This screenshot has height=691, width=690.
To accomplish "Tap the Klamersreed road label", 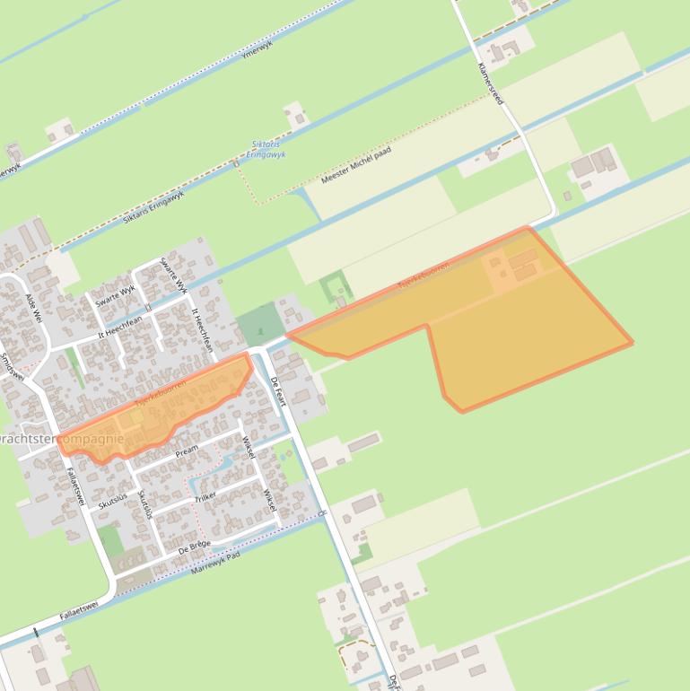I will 492,83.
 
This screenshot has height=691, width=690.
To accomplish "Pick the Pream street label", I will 187,450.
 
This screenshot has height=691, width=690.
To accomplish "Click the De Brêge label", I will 194,547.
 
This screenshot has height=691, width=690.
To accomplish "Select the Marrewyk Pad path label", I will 216,564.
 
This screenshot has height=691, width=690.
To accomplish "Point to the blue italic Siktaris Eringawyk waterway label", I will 265,149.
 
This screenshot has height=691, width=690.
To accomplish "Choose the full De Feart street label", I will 277,391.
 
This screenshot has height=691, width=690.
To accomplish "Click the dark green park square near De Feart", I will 260,323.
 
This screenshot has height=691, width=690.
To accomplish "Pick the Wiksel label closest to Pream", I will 249,446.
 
